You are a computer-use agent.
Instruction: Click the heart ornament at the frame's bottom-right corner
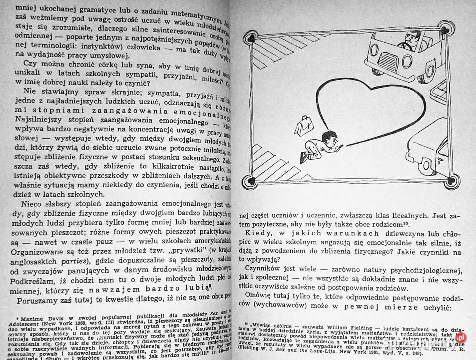point(451,180)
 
